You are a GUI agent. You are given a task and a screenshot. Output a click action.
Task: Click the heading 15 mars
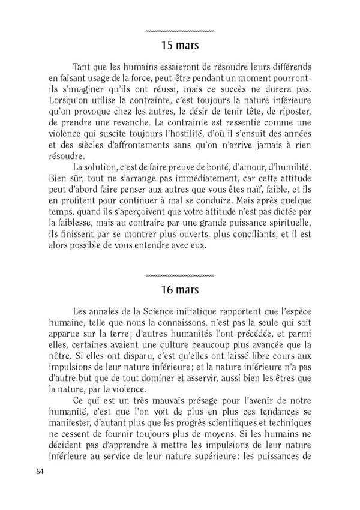coord(180,44)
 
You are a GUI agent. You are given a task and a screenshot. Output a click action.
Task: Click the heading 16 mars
coord(180,289)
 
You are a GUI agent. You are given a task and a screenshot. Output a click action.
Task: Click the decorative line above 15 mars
coord(180,31)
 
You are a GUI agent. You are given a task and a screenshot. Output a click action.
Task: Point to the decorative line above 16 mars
coord(180,275)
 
